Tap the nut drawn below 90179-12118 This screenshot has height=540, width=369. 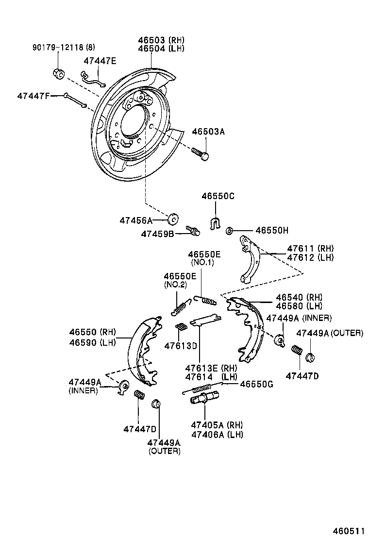(x=58, y=74)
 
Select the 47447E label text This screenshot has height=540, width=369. (x=100, y=61)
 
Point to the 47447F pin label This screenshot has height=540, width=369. (x=33, y=96)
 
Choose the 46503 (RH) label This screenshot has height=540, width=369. (x=161, y=40)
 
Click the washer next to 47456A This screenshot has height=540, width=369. (x=172, y=219)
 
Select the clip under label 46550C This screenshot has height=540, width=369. (x=214, y=223)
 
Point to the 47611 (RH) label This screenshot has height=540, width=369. (x=310, y=249)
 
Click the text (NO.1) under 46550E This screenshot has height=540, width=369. (x=203, y=263)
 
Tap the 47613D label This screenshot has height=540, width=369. (x=180, y=346)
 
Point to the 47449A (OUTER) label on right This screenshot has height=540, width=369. (x=329, y=333)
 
